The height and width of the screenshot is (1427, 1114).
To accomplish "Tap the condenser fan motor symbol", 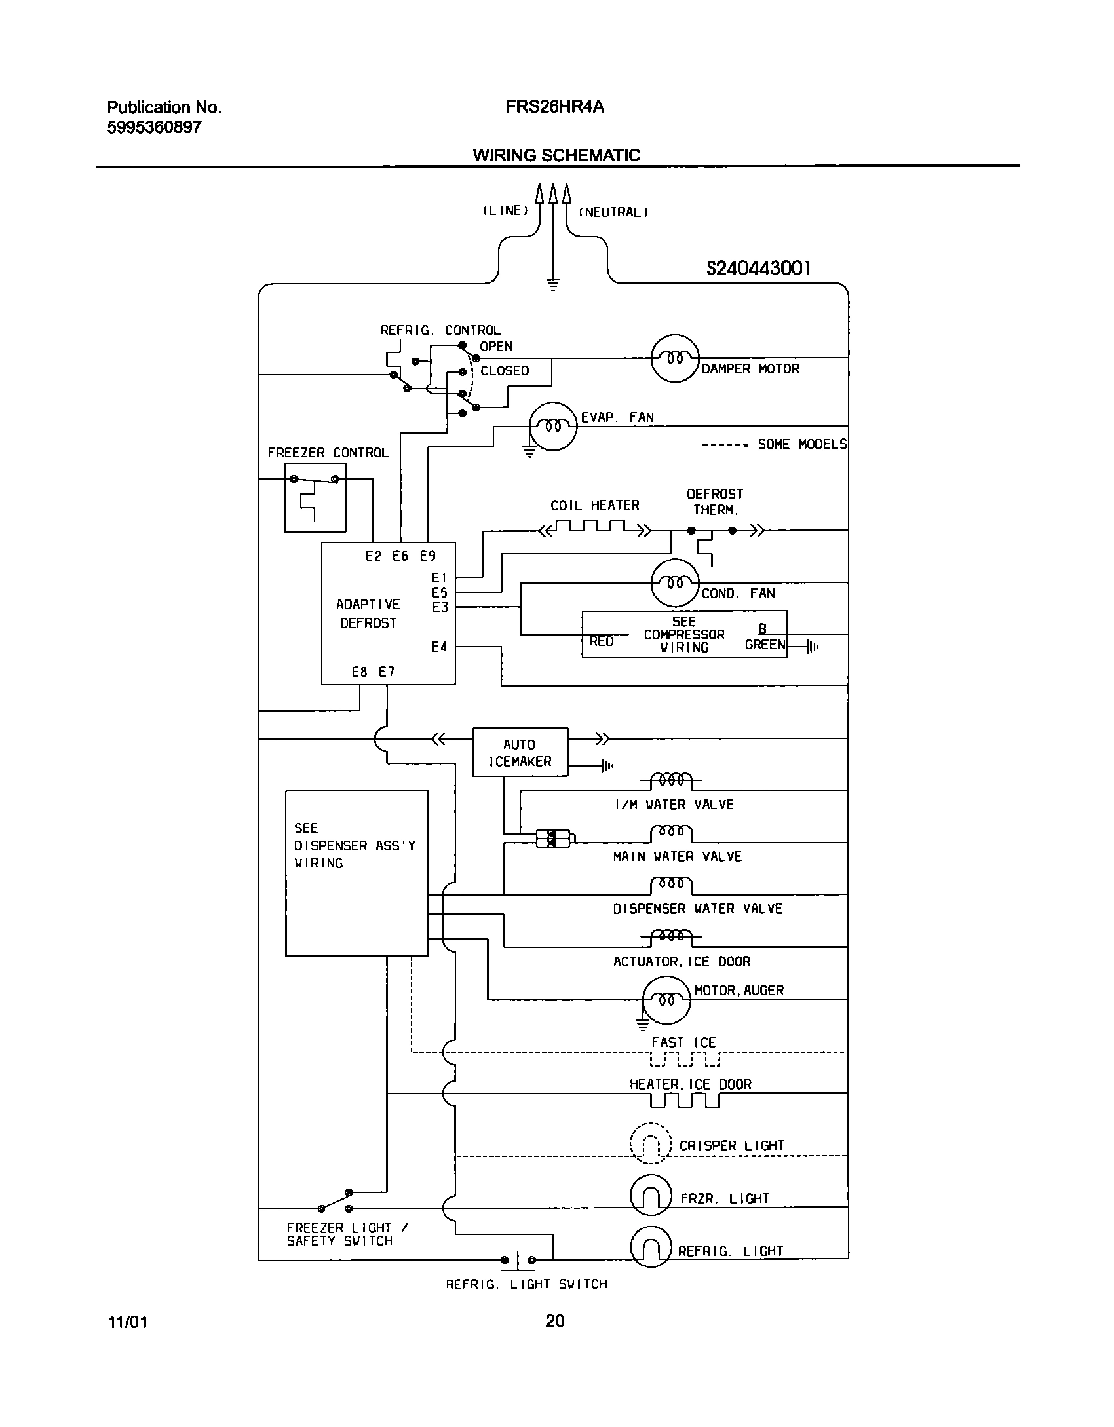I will coord(675,583).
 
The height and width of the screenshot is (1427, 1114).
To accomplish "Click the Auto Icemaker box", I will coord(520,752).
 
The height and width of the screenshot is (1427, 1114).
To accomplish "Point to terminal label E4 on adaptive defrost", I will coord(439,647).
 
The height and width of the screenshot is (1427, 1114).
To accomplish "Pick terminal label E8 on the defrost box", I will coord(359,672).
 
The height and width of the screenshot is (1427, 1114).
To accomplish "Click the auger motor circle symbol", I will coord(666,1000).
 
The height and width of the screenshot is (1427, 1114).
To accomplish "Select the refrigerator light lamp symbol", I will coord(651,1248).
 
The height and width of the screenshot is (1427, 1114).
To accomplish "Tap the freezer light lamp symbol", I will coord(651,1194).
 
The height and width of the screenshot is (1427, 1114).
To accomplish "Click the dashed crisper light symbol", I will coord(651,1143).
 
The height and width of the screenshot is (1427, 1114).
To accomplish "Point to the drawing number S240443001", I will coord(758,268).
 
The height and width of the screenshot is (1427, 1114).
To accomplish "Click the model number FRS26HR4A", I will coord(554,107).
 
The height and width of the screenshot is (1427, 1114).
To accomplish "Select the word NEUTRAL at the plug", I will coord(613,212).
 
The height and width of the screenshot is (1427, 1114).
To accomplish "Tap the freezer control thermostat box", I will coord(315,497).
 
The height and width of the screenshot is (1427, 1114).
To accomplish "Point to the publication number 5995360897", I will coord(155,127).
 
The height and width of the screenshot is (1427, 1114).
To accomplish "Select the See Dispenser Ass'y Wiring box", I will coord(356,873).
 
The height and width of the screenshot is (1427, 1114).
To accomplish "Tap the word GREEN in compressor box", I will coord(765,645).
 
